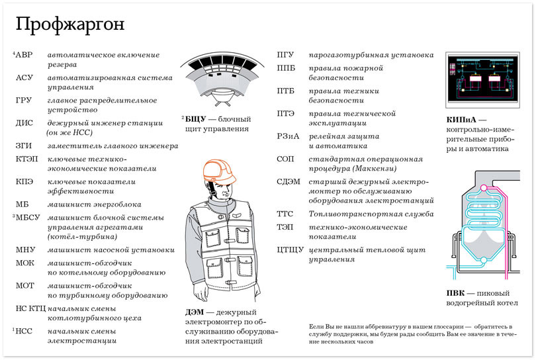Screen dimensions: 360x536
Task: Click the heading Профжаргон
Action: [69, 25]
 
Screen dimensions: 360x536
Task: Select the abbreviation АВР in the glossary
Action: [24, 55]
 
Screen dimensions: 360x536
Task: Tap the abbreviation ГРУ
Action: [24, 101]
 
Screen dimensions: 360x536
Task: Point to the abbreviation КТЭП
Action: [26, 159]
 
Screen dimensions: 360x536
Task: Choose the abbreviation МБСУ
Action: [27, 217]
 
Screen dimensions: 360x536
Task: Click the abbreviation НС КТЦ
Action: [29, 308]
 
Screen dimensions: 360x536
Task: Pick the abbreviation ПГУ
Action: [286, 55]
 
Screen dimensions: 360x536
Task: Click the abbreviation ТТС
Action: [286, 214]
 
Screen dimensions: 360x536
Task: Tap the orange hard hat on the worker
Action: [220, 171]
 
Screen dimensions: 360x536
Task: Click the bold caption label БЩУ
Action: [196, 118]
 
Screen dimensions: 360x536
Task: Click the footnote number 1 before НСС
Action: [13, 329]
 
